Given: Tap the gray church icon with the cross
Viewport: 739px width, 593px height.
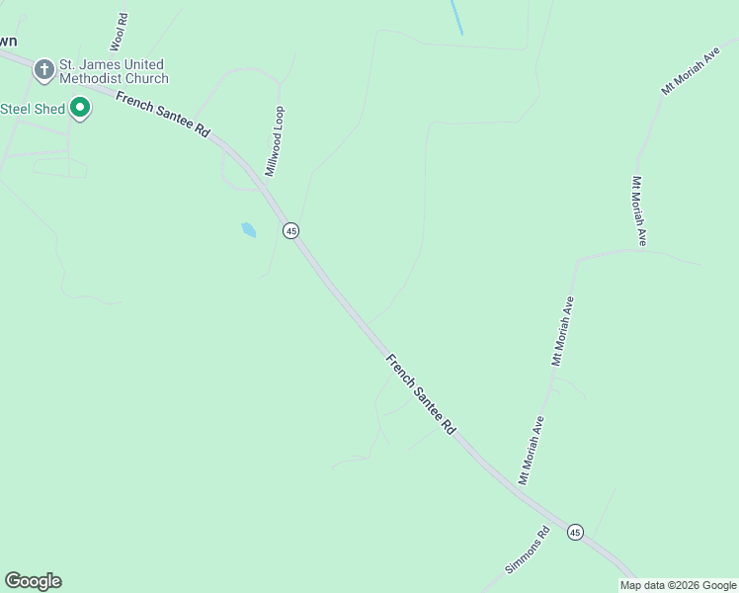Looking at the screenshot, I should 43,70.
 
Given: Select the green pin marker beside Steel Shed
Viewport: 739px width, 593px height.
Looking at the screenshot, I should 80,109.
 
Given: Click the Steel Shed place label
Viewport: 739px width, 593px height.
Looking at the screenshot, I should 34,109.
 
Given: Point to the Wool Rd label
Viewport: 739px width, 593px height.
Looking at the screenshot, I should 120,33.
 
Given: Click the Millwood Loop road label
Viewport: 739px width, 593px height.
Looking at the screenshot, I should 274,141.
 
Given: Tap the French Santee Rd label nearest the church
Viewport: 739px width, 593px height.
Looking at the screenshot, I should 163,116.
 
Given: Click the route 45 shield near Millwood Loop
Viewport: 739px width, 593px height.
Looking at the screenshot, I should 290,230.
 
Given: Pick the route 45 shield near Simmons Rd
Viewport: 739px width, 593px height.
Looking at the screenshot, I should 575,532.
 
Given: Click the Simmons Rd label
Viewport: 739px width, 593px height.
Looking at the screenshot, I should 527,551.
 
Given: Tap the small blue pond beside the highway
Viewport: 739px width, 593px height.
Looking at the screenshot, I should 248,230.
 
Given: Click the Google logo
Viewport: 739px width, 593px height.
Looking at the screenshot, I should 33,581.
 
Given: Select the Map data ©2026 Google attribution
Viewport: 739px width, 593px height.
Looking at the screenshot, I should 678,585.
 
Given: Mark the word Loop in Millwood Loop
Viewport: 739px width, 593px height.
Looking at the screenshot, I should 280,118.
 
